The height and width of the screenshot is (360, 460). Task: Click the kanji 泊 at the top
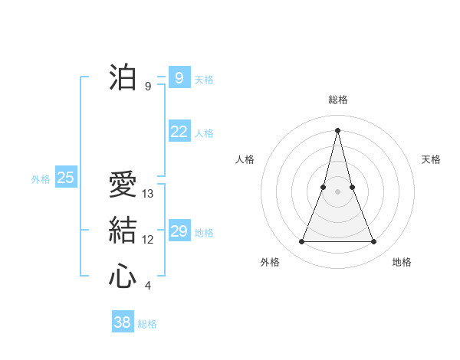pos(123,77)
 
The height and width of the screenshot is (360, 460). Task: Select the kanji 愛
pos(123,185)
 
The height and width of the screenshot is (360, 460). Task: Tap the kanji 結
pos(123,231)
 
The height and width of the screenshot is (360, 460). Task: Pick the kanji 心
pos(123,276)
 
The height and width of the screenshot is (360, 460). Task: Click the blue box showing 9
pos(179,77)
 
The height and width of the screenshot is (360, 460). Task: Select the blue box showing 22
pos(179,132)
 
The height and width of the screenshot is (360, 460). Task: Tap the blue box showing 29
pos(179,231)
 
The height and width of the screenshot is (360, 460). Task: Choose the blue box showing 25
pos(65,178)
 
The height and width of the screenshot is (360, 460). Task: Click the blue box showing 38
pos(122,322)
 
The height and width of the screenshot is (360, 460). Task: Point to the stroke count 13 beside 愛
pos(148,194)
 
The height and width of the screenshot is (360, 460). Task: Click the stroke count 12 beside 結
pos(148,240)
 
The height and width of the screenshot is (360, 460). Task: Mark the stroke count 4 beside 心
pos(148,286)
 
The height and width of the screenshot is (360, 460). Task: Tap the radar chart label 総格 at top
pos(337,100)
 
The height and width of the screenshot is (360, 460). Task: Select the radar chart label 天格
pos(431,159)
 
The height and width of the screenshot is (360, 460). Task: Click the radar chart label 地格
pos(402,262)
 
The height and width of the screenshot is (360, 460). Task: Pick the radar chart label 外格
pos(270,262)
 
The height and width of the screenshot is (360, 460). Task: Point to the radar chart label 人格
pos(245,159)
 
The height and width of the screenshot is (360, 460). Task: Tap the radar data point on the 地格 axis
pos(374,242)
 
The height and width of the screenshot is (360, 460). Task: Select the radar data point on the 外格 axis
pos(301,242)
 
